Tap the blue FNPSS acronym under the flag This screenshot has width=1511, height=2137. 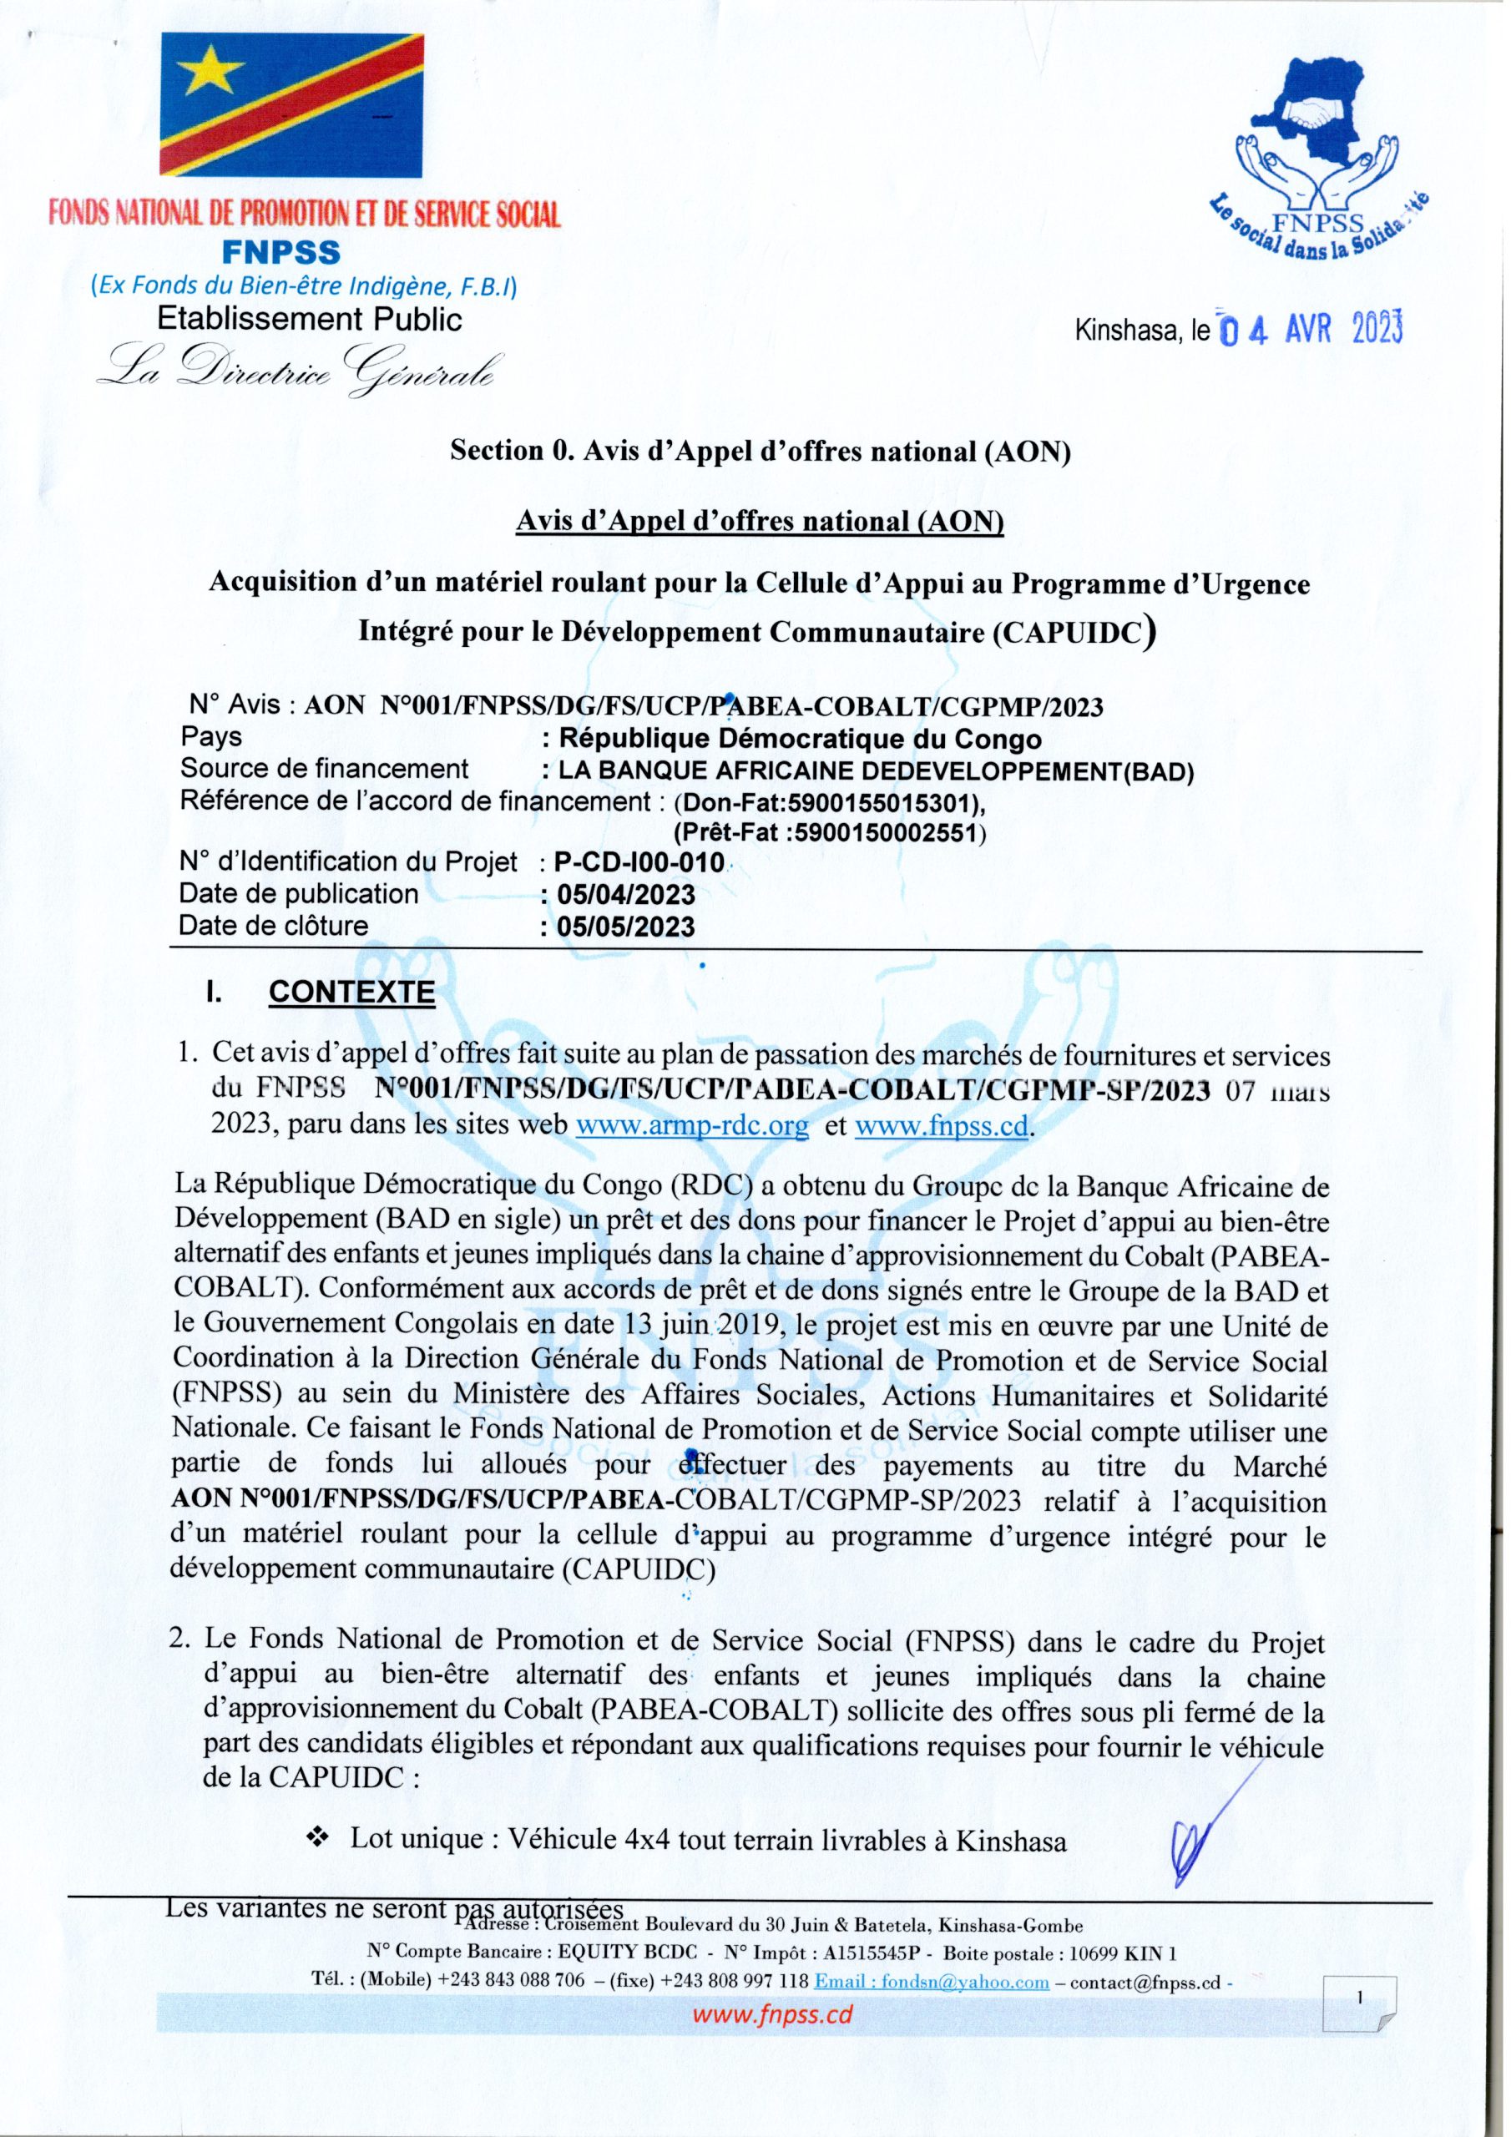(x=281, y=251)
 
